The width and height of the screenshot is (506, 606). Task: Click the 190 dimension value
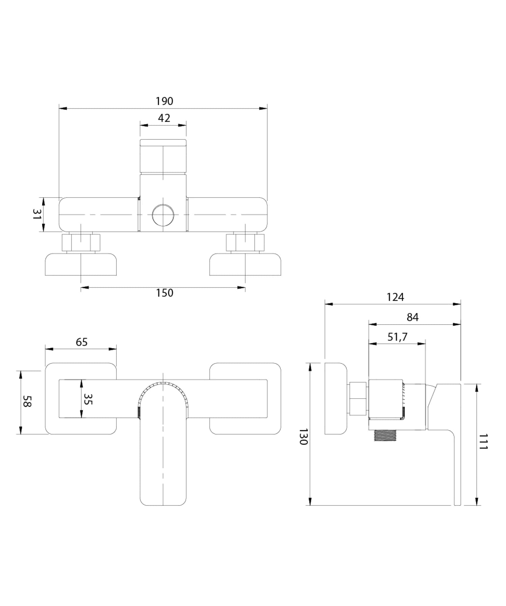pyautogui.click(x=164, y=101)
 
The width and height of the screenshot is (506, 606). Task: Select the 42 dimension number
pyautogui.click(x=164, y=118)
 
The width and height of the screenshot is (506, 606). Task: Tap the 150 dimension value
pyautogui.click(x=164, y=293)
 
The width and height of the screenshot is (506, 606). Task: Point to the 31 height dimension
pyautogui.click(x=37, y=214)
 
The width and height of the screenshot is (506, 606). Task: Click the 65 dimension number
pyautogui.click(x=81, y=342)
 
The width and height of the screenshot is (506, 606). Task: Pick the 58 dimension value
pyautogui.click(x=27, y=401)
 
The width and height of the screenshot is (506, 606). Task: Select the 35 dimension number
pyautogui.click(x=88, y=399)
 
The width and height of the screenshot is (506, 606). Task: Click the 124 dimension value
pyautogui.click(x=395, y=297)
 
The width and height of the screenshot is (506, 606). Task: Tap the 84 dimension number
pyautogui.click(x=412, y=317)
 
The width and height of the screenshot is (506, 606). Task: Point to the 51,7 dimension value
pyautogui.click(x=397, y=336)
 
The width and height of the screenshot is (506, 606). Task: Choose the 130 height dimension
pyautogui.click(x=303, y=437)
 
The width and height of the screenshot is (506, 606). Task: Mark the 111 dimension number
pyautogui.click(x=483, y=441)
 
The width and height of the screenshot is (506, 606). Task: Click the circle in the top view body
pyautogui.click(x=163, y=215)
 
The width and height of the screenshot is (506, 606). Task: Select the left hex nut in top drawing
pyautogui.click(x=81, y=242)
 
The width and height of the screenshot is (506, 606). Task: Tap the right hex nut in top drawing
pyautogui.click(x=245, y=242)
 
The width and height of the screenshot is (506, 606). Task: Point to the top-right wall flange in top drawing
pyautogui.click(x=245, y=265)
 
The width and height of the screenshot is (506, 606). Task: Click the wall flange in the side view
pyautogui.click(x=336, y=398)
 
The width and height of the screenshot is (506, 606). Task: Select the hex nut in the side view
pyautogui.click(x=358, y=398)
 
